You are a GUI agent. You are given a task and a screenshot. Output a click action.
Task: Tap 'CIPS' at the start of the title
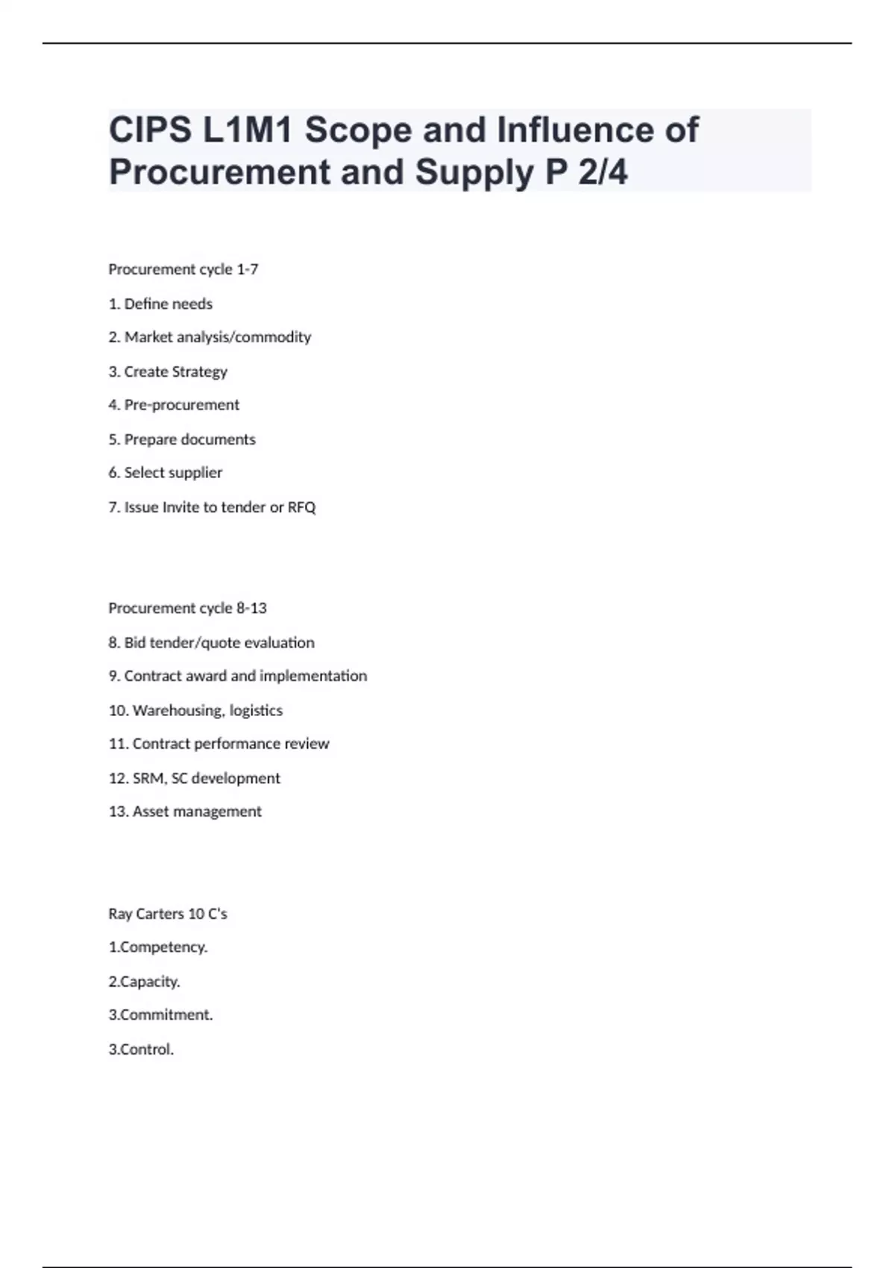click(x=150, y=130)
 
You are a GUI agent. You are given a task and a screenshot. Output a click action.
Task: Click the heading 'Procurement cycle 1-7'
click(x=183, y=269)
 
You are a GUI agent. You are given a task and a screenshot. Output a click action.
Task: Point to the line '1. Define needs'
click(x=160, y=304)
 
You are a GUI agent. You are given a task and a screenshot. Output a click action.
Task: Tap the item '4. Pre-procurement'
click(x=174, y=405)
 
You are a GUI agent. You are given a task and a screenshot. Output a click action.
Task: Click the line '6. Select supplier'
click(x=166, y=473)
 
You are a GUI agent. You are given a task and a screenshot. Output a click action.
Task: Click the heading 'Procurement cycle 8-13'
click(x=187, y=608)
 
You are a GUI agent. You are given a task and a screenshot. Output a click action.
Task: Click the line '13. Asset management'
click(x=185, y=812)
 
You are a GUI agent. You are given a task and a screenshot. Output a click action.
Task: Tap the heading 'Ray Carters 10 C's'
click(x=168, y=914)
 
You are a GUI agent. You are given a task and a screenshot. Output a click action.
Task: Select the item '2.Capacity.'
click(x=145, y=982)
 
